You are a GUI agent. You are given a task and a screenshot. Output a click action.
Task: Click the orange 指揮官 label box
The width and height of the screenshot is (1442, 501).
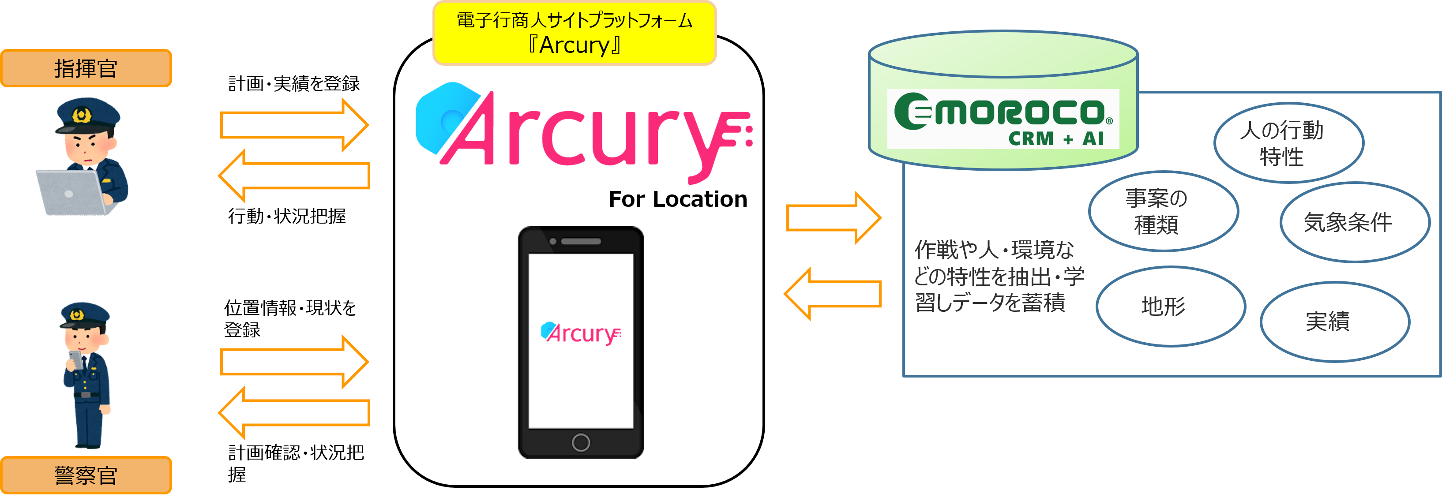(x=86, y=68)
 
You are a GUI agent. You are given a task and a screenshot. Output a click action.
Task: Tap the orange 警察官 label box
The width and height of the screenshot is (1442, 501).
(x=86, y=475)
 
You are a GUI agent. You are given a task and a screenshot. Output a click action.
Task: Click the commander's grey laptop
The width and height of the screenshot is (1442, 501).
(x=70, y=192)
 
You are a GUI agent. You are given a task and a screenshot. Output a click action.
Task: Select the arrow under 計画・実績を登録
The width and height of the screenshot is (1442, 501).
(x=294, y=125)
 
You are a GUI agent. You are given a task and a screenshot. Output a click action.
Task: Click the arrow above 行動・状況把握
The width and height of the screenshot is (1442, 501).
(x=294, y=175)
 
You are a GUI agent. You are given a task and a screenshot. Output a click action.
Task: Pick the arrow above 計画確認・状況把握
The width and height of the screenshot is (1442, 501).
(x=294, y=412)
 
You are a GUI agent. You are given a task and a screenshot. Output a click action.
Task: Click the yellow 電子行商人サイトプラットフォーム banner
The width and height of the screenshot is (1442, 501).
(x=575, y=33)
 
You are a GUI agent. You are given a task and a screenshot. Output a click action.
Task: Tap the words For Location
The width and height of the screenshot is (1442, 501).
(x=677, y=199)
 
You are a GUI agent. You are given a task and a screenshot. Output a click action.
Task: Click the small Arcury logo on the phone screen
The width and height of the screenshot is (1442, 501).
(x=581, y=333)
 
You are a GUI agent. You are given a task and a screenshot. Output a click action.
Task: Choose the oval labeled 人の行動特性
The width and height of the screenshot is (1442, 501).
(x=1288, y=143)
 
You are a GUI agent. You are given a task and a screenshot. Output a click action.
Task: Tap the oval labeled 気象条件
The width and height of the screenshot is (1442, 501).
(x=1354, y=222)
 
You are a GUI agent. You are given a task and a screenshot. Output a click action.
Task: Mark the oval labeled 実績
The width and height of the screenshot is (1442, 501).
(x=1334, y=322)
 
